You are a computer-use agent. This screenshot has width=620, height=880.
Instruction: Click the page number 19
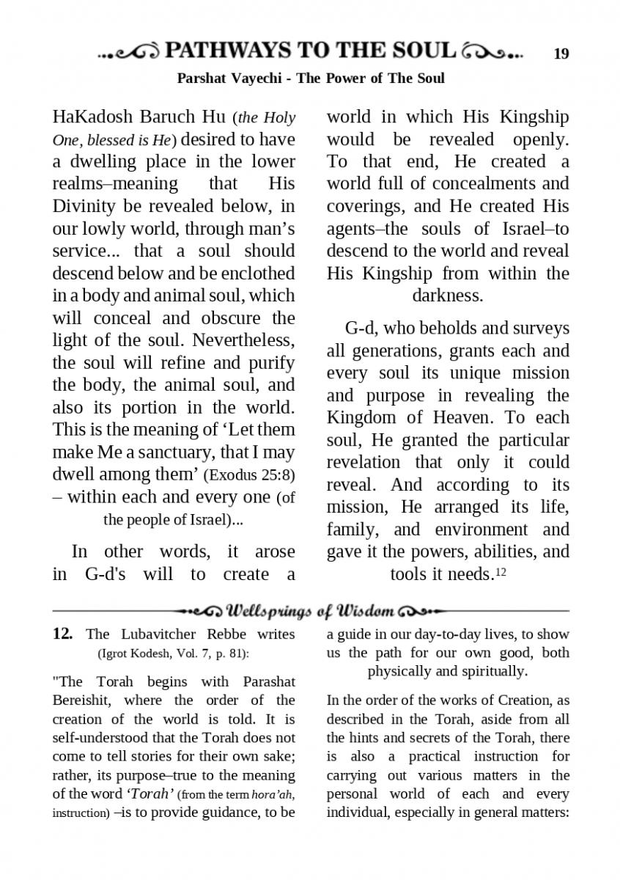[561, 54]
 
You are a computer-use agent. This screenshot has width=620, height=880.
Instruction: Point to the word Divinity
[84, 206]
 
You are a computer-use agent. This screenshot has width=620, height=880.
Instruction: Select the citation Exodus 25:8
[254, 475]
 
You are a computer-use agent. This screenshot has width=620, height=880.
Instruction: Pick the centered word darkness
[447, 296]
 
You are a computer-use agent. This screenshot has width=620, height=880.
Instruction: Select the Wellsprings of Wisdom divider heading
[311, 610]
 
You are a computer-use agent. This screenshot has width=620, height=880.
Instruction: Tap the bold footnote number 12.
[62, 634]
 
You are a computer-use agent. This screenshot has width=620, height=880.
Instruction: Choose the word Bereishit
[81, 700]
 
